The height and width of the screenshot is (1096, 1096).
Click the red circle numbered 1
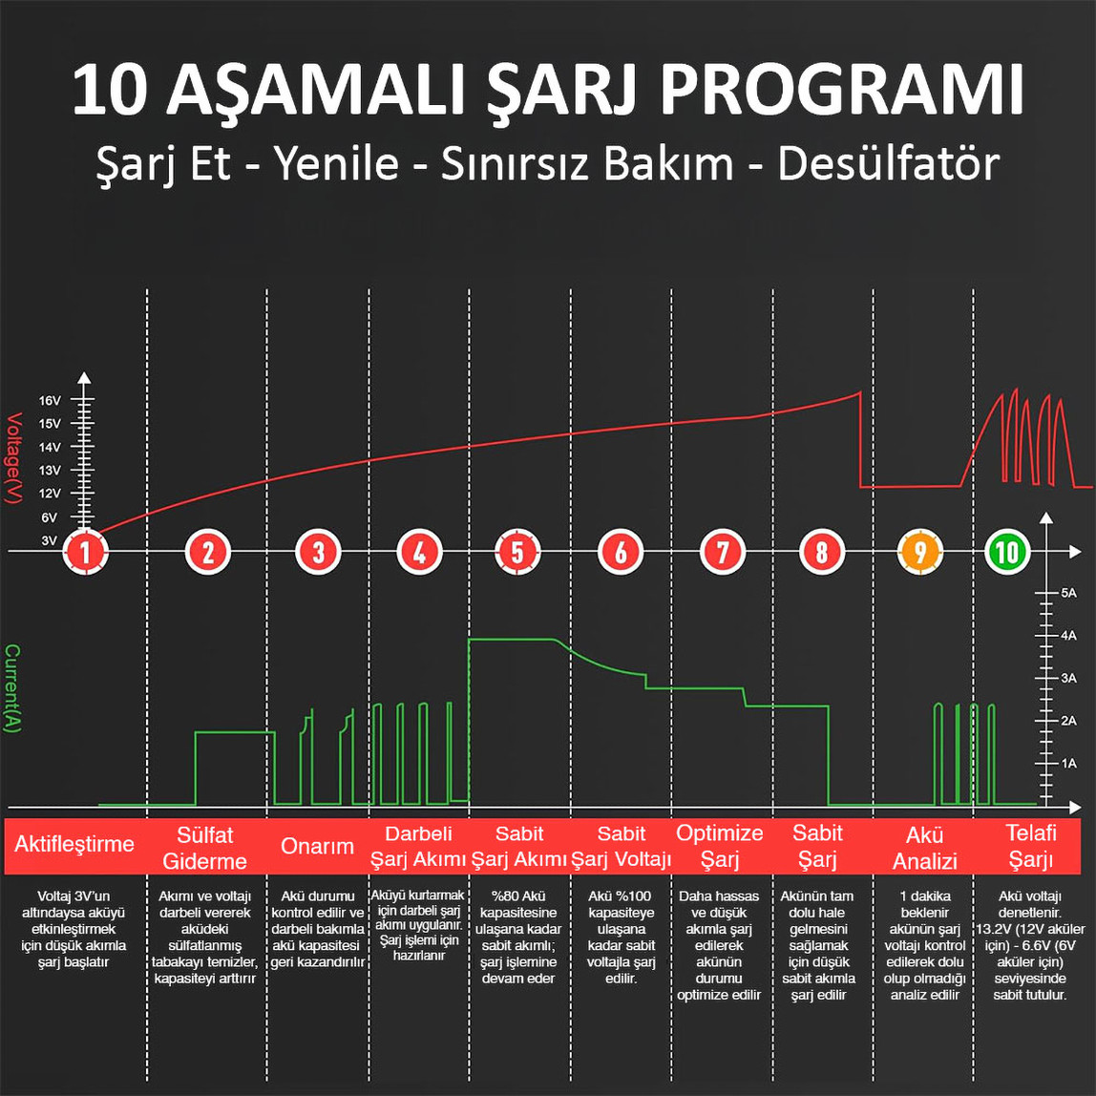[x=86, y=552]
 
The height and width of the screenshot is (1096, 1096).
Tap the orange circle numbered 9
[x=920, y=552]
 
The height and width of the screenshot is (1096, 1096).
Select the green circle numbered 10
[x=1006, y=552]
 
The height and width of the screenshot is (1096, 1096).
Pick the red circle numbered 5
[x=517, y=552]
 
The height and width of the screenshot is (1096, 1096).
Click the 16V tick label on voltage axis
[x=50, y=401]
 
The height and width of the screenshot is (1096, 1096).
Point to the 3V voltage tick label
[x=50, y=540]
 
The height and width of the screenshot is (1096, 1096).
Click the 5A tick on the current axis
[x=1068, y=593]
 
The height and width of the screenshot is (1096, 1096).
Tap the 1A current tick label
[x=1068, y=764]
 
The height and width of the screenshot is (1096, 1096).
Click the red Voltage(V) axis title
[x=14, y=458]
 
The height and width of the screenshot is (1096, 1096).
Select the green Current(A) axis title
[x=12, y=688]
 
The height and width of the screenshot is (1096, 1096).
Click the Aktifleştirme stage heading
[x=74, y=845]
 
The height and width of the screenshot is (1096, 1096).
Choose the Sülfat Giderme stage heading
[x=205, y=847]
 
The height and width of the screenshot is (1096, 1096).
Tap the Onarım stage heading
[x=317, y=847]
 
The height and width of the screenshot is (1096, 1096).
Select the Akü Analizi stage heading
[x=924, y=847]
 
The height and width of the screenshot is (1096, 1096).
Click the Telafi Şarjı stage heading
[x=1031, y=846]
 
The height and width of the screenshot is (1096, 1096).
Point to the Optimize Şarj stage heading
[x=720, y=846]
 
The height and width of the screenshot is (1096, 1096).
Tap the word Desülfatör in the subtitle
[x=888, y=164]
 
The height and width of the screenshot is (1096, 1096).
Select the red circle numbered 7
[x=723, y=552]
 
